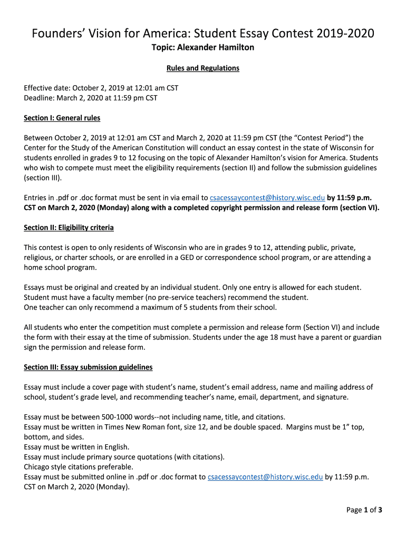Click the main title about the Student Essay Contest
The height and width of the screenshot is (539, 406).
203,34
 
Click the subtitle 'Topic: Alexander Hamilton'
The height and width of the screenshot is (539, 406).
203,48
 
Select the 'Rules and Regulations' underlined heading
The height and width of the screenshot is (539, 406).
203,68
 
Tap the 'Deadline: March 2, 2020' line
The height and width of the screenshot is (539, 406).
91,97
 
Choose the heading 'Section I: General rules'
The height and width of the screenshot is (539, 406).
62,118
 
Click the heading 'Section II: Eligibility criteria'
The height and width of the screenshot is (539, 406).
69,228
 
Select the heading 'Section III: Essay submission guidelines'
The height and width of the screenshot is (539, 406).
88,367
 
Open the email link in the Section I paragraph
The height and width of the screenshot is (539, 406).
266,198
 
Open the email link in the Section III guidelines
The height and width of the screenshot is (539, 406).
265,477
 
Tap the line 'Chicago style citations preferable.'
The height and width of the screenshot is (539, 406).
79,467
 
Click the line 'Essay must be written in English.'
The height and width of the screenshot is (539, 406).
76,447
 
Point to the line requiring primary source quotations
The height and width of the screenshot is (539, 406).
124,457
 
